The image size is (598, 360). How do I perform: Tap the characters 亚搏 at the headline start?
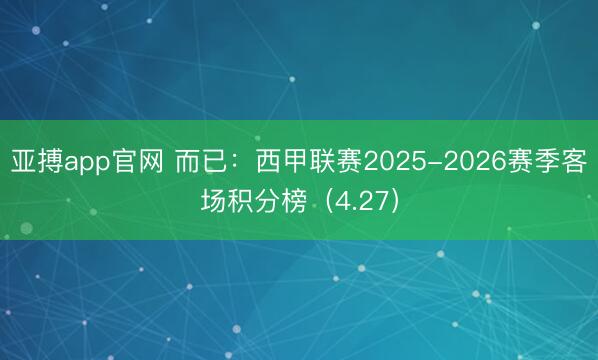[36, 161]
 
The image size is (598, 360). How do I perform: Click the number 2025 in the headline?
[393, 161]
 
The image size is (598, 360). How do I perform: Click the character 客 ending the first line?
[574, 161]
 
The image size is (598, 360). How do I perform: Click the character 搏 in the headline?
[49, 161]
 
